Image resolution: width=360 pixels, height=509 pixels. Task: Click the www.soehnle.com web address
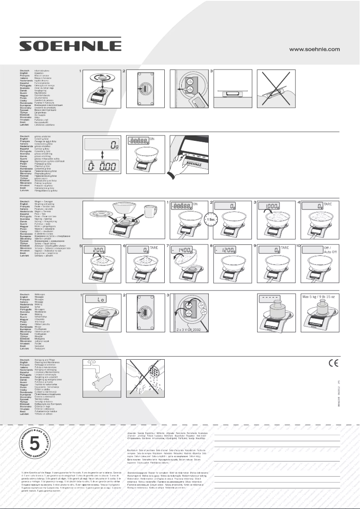click(314, 49)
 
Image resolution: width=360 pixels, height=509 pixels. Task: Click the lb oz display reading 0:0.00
click(101, 165)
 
